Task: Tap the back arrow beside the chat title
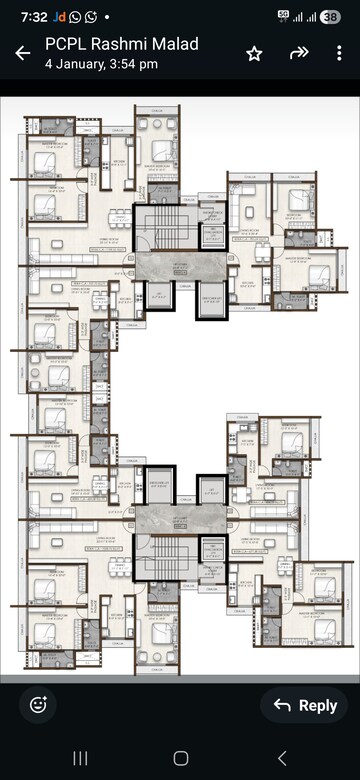[x=22, y=53]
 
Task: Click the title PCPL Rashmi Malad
[x=121, y=44]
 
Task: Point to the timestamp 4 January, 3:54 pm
[x=101, y=63]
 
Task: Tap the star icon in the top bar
[x=254, y=54]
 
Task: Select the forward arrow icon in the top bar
[x=298, y=54]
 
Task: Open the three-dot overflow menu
[x=338, y=54]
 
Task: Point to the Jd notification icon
[x=59, y=17]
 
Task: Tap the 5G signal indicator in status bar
[x=283, y=16]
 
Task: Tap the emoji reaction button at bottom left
[x=38, y=705]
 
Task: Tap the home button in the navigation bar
[x=180, y=758]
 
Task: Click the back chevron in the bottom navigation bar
[x=282, y=758]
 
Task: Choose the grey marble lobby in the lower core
[x=180, y=518]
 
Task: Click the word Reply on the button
[x=318, y=705]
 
